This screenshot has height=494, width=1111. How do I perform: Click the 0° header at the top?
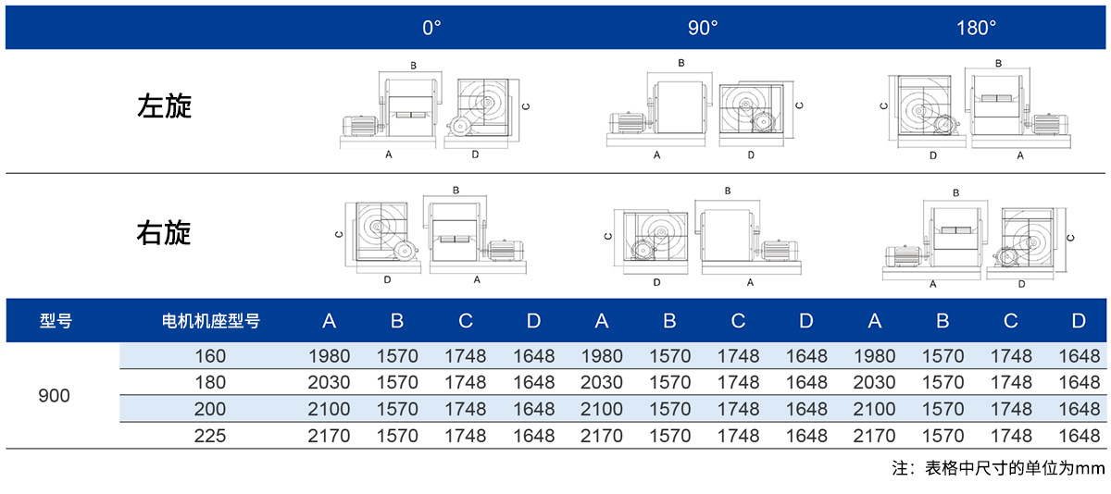tap(431, 28)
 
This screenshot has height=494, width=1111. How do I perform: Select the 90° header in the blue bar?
tap(703, 28)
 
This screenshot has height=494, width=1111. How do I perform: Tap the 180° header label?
tap(976, 28)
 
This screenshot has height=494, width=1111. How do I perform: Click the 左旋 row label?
tap(164, 106)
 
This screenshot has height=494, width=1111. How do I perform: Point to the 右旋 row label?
tap(164, 233)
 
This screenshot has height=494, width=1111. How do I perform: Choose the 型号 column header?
tap(56, 321)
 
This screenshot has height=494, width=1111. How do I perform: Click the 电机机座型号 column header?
tap(211, 321)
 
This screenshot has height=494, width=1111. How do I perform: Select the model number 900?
tap(54, 395)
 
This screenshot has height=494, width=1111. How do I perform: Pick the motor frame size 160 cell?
tap(210, 356)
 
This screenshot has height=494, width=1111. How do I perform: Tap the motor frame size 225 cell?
tap(210, 436)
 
